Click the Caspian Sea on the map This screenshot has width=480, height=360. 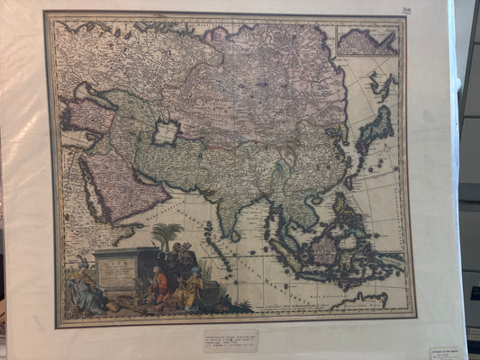[165, 132]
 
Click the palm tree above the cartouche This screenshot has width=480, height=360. [168, 236]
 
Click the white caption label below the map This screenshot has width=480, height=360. [230, 340]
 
